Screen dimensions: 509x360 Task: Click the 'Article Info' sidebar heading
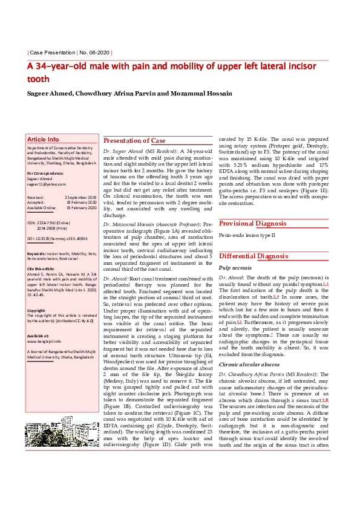click(44, 139)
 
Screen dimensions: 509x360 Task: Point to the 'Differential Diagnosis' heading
click(254, 256)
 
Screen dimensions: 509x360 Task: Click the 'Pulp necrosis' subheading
click(235, 267)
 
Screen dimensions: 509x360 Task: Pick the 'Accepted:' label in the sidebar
click(36, 203)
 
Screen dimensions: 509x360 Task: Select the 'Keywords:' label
click(38, 254)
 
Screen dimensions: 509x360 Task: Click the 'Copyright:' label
click(37, 311)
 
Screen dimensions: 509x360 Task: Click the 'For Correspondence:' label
click(46, 173)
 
